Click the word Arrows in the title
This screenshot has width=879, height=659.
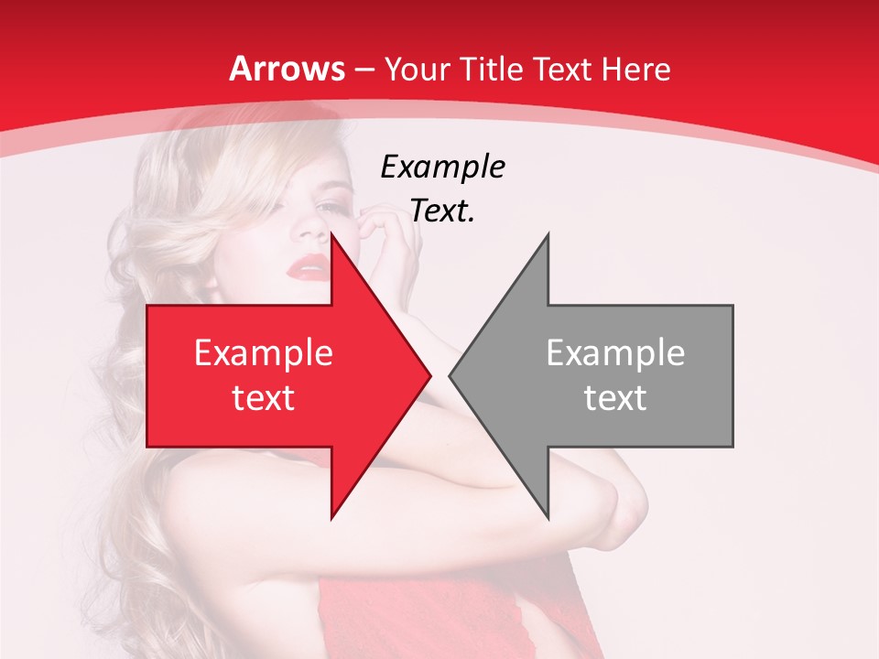(288, 69)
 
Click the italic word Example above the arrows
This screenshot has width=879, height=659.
(442, 167)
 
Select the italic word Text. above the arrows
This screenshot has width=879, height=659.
(442, 211)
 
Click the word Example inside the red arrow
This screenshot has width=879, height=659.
(263, 352)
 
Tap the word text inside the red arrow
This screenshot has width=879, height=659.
(263, 397)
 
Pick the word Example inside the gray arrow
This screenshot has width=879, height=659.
(615, 352)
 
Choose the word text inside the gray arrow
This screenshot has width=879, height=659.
(615, 397)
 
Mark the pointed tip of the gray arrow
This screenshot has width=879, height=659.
(450, 376)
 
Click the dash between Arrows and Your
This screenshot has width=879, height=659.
(364, 70)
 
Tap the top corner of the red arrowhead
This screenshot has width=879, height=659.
(331, 235)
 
